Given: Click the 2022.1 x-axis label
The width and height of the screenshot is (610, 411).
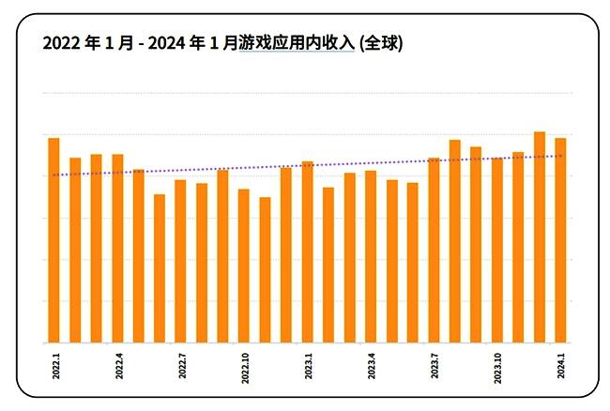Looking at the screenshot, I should point(53,364).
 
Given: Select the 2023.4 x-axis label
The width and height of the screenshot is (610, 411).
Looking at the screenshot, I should point(371,364).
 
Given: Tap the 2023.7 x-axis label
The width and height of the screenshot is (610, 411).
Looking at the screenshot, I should point(434,364).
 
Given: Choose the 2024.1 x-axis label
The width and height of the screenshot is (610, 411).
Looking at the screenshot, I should point(560,364).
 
